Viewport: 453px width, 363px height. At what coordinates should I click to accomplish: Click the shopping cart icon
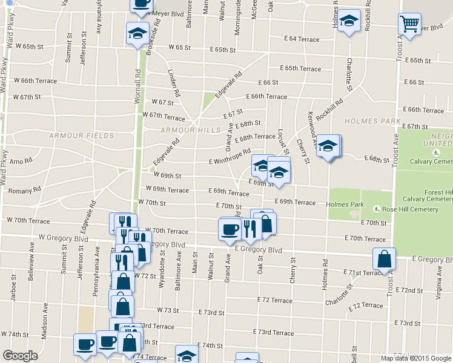[x=410, y=25]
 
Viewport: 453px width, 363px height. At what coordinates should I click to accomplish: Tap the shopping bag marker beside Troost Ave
[x=384, y=259]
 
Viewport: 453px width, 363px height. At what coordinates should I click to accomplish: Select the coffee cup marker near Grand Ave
[x=230, y=229]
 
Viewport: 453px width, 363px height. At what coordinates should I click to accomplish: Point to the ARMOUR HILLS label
[x=191, y=130]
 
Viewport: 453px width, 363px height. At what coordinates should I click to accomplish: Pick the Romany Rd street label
[x=24, y=190]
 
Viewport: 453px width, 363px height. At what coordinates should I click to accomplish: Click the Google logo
[x=20, y=356]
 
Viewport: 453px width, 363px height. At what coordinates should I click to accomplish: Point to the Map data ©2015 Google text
[x=415, y=358]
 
